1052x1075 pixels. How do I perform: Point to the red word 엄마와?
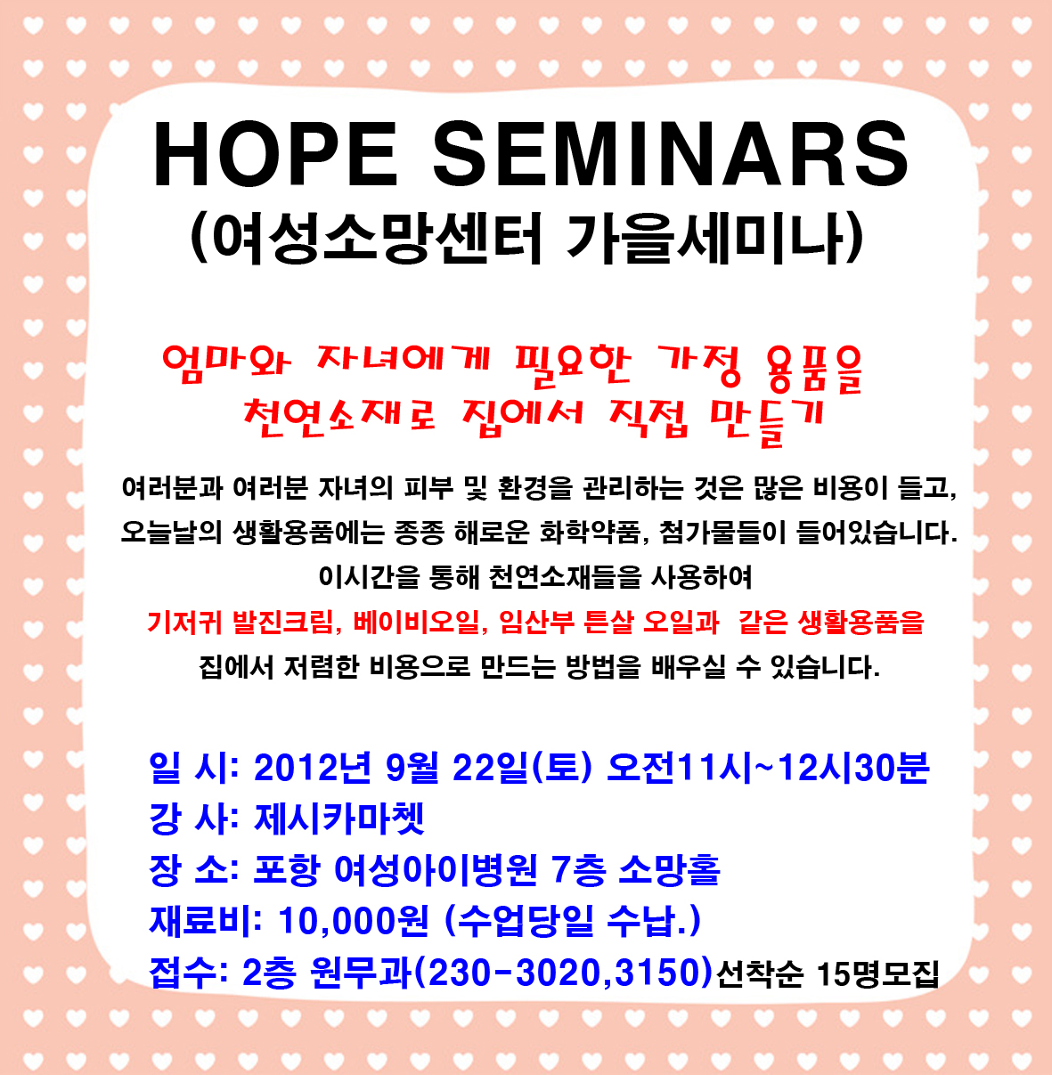coord(226,363)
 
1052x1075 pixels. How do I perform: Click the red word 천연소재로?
coord(339,417)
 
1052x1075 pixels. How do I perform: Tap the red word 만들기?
coord(766,419)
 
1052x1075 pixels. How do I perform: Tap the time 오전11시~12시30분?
coord(769,769)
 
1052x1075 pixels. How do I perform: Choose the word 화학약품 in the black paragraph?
coord(590,533)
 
